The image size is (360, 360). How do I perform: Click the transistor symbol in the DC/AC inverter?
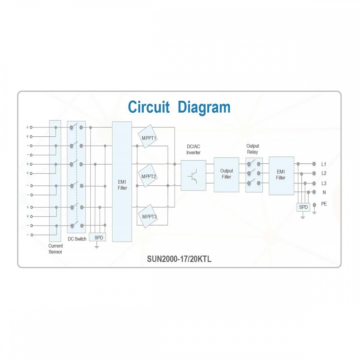point(193,176)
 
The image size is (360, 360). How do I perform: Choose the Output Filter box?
point(226,175)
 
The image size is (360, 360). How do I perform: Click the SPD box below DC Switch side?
point(97,237)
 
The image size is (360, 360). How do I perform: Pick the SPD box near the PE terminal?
point(303,207)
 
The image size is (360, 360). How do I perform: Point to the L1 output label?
point(324,164)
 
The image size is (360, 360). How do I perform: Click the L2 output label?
point(324,174)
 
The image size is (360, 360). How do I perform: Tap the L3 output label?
point(324,184)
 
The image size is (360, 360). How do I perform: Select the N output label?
point(324,192)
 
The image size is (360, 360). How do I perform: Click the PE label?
point(324,204)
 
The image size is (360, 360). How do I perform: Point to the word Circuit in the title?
point(149,107)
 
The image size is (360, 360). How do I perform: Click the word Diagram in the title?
point(204,107)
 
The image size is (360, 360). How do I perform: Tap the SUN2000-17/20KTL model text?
point(179,259)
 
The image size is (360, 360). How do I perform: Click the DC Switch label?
point(77,239)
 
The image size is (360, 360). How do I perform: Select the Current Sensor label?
point(55,249)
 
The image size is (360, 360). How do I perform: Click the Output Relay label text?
point(253,149)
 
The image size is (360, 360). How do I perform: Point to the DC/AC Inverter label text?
point(193,149)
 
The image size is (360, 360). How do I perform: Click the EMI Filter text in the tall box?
point(122,185)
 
